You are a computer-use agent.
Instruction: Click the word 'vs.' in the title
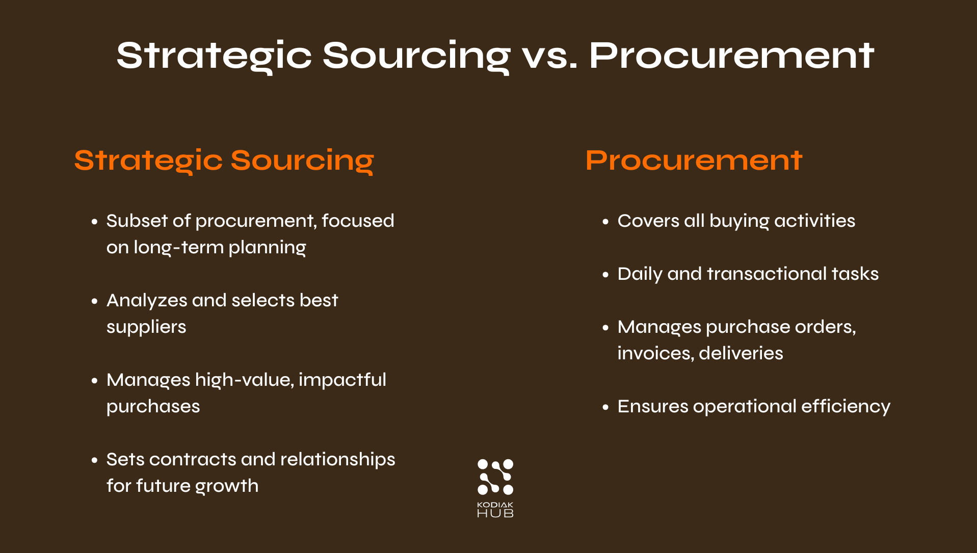549,56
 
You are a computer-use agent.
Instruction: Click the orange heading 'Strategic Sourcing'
224,161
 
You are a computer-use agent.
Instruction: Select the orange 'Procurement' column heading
694,161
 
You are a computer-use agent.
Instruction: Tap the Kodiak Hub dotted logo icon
495,477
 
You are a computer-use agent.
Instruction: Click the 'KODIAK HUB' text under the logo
495,510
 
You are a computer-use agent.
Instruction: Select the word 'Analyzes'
147,301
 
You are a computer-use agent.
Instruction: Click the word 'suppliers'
146,327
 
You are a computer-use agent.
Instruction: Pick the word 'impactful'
342,380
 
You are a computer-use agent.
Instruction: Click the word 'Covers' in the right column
648,221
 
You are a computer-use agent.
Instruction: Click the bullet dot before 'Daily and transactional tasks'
605,275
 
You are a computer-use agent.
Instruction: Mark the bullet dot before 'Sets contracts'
94,460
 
